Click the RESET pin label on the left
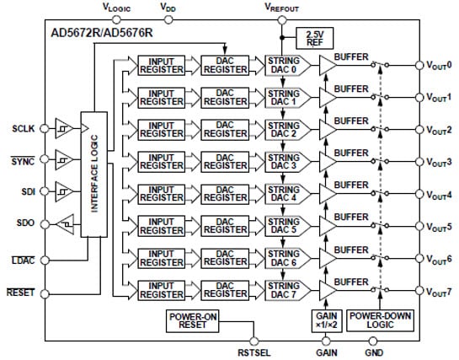tap(23, 293)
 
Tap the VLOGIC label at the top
tap(116, 7)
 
